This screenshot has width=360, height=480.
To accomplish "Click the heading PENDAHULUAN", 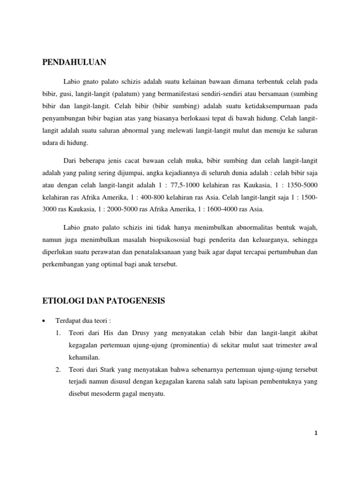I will [x=75, y=62].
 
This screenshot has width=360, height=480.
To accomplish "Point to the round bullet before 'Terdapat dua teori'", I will [x=44, y=321].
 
